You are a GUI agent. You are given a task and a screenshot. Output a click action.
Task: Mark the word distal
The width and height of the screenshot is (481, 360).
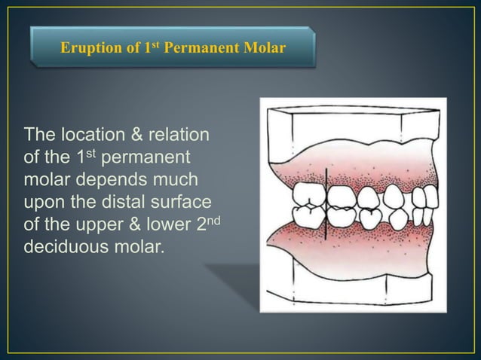click(118, 202)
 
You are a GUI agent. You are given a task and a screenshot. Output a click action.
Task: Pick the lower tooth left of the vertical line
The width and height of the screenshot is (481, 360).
click(309, 221)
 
